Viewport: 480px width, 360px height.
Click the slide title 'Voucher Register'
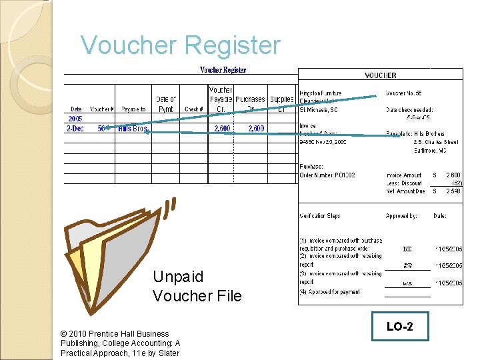pyautogui.click(x=180, y=45)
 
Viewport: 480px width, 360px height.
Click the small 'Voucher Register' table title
pyautogui.click(x=223, y=70)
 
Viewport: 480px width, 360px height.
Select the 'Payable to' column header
pyautogui.click(x=133, y=109)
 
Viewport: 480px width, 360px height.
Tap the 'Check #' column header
pyautogui.click(x=193, y=109)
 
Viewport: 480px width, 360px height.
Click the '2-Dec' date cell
pyautogui.click(x=75, y=129)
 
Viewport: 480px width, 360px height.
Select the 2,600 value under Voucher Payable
pyautogui.click(x=222, y=129)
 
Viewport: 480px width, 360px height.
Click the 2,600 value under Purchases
pyautogui.click(x=256, y=129)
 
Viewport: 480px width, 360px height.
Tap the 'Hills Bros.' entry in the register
pyautogui.click(x=133, y=129)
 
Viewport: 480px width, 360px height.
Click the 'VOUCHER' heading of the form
pyautogui.click(x=381, y=76)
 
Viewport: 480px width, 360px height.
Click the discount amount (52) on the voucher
pyautogui.click(x=457, y=183)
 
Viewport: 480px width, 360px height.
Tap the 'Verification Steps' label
pyautogui.click(x=320, y=216)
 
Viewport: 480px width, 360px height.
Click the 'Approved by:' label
pyautogui.click(x=401, y=216)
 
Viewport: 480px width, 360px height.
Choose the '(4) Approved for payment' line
pyautogui.click(x=330, y=292)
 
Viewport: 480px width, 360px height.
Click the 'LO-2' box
pyautogui.click(x=400, y=327)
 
